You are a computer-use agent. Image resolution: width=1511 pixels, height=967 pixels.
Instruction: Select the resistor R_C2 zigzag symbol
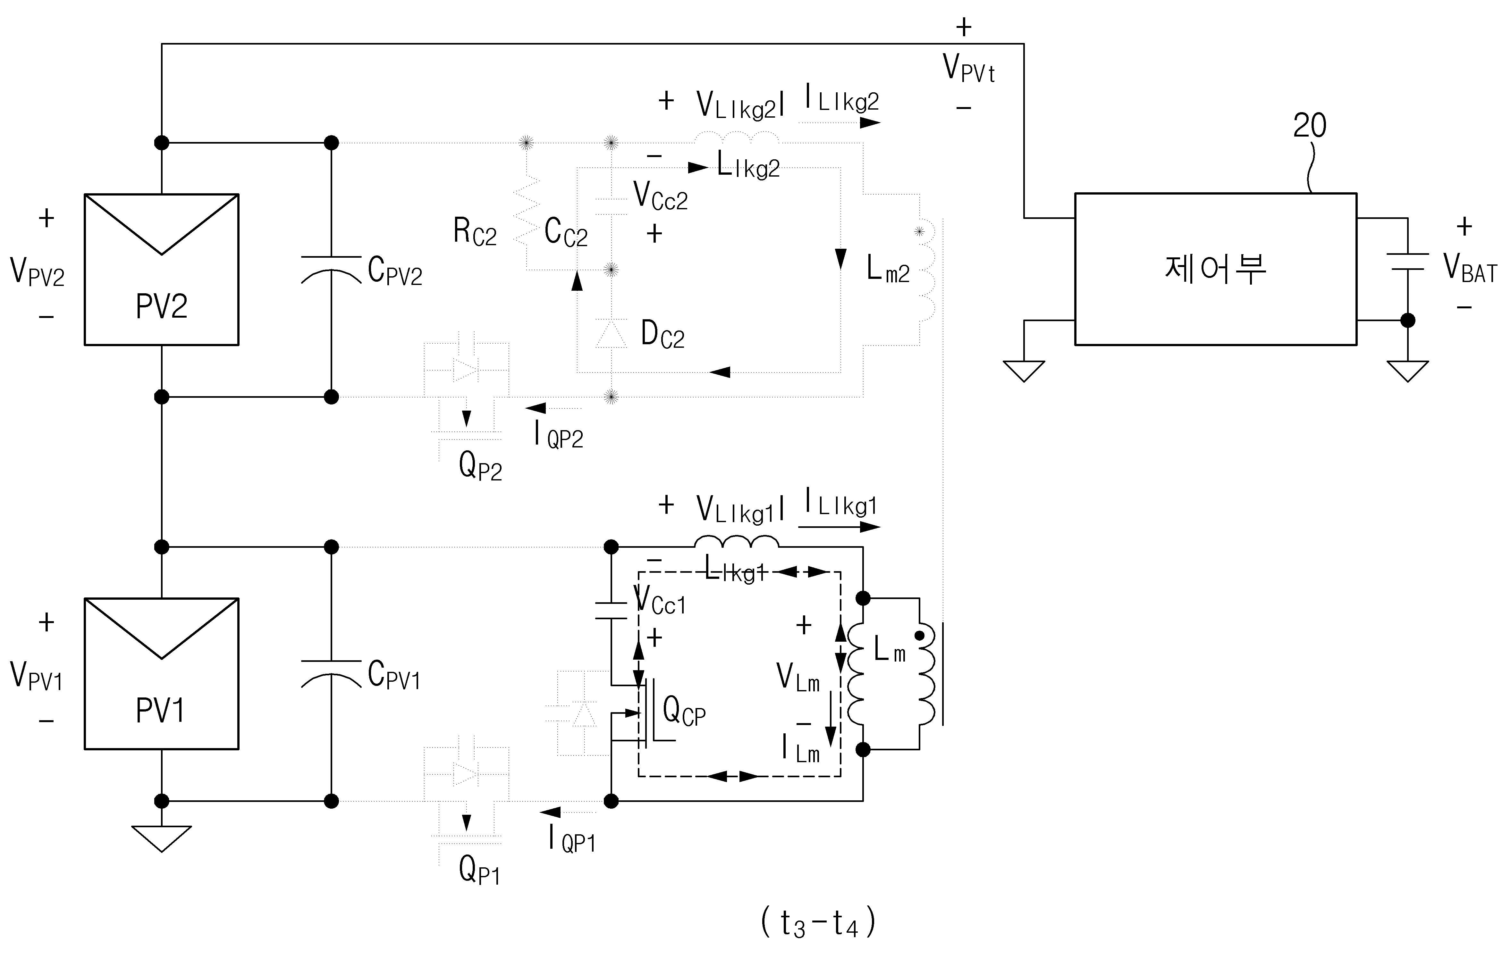[527, 210]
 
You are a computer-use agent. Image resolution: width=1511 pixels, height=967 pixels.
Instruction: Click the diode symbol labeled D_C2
[611, 333]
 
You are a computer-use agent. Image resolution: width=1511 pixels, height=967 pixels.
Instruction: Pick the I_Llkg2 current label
[842, 99]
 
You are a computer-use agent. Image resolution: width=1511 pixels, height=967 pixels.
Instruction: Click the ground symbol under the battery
[1408, 371]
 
